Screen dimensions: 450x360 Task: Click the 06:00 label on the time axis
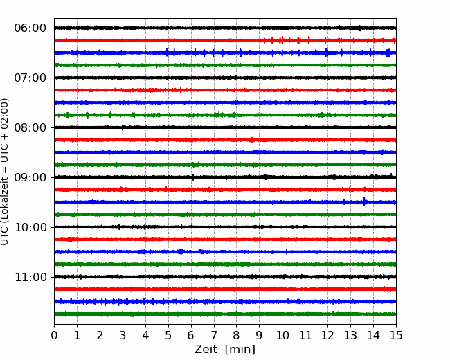coord(30,28)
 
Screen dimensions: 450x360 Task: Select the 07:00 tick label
coord(30,78)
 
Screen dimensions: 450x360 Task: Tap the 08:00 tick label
coord(30,127)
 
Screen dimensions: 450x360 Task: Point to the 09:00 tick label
coord(30,177)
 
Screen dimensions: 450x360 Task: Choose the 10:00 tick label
coord(30,227)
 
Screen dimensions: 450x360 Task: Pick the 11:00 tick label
coord(30,277)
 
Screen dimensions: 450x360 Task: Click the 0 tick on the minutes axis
coord(54,335)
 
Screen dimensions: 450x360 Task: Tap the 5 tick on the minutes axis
coord(168,335)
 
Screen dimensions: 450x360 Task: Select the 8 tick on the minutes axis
coord(237,335)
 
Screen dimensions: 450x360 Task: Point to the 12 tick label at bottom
coord(327,335)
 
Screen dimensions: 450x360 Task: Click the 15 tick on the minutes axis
coord(396,335)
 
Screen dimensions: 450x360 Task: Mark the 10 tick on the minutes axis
coord(282,335)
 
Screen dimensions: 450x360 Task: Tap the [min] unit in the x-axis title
coord(240,350)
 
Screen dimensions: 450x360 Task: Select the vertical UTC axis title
coord(4,172)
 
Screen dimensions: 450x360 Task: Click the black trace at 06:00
coord(225,28)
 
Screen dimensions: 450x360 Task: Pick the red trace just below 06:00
coord(225,40)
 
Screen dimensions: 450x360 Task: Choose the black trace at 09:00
coord(225,177)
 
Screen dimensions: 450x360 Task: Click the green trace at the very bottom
coord(225,314)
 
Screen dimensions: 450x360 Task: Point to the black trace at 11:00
coord(225,277)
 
